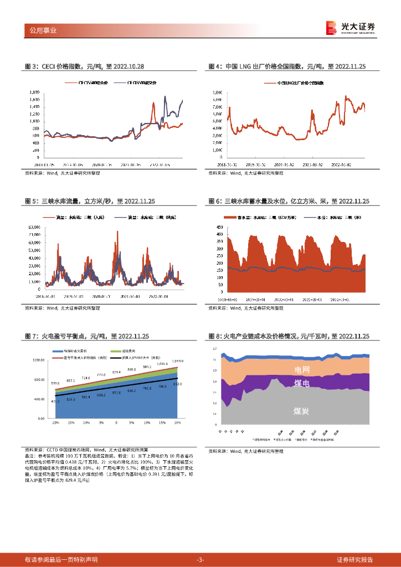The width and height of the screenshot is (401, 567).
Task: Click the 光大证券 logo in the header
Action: coord(350,28)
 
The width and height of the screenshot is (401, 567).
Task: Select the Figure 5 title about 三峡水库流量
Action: coord(90,202)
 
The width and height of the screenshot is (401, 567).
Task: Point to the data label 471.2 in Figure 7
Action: coord(55,401)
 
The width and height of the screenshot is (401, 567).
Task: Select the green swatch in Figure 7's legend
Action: coord(115,351)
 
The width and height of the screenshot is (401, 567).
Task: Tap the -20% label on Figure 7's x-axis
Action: coord(55,422)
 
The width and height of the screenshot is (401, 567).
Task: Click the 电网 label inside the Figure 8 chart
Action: coord(302,369)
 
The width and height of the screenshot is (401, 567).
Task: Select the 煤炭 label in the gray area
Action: coord(302,411)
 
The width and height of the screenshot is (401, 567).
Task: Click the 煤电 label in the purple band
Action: coord(302,383)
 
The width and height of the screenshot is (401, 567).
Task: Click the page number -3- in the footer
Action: coord(200,560)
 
